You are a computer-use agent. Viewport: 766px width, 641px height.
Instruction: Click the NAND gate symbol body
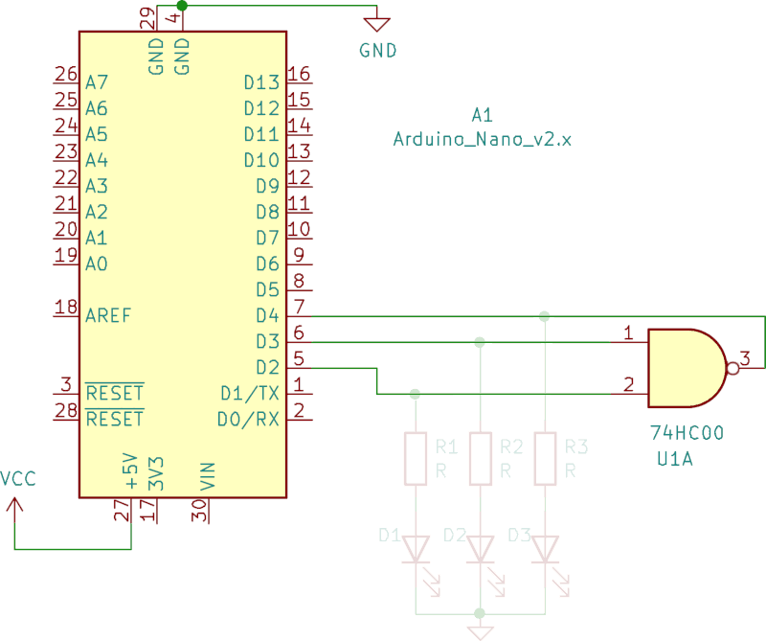(x=685, y=367)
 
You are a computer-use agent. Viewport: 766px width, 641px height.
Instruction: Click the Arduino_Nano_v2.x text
(x=483, y=139)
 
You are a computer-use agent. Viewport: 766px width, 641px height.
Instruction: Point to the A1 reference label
(x=482, y=115)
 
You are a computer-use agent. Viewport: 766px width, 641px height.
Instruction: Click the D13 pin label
(x=260, y=82)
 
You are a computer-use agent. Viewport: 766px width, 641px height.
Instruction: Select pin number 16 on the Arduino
(x=299, y=74)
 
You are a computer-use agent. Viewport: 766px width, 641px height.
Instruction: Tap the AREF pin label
(x=109, y=315)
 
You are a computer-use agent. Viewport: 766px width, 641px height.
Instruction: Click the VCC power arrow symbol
(x=15, y=503)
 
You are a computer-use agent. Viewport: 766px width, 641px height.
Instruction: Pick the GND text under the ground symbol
(x=377, y=51)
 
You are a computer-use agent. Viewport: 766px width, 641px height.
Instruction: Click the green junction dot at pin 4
(x=182, y=6)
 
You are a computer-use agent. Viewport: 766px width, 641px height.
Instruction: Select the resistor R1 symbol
(x=415, y=458)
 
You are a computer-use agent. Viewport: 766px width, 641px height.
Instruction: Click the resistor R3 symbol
(x=545, y=458)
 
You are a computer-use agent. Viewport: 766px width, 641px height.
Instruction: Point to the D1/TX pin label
(x=249, y=393)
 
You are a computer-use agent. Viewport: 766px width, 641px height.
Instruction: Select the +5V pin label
(x=131, y=473)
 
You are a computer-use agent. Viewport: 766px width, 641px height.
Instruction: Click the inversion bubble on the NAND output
(x=734, y=367)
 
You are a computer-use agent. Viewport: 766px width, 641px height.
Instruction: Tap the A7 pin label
(x=97, y=82)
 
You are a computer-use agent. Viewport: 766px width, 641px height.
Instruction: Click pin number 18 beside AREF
(x=66, y=307)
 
